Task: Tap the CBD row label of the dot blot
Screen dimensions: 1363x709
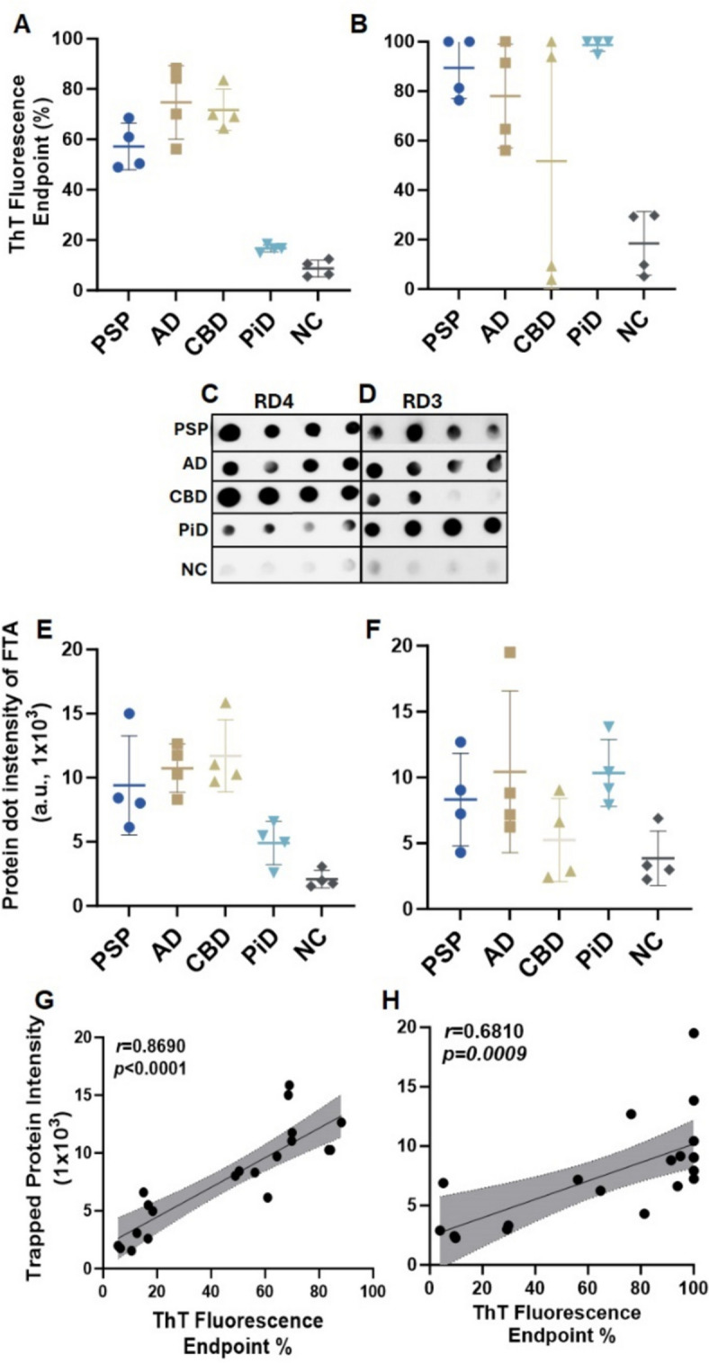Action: [193, 497]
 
